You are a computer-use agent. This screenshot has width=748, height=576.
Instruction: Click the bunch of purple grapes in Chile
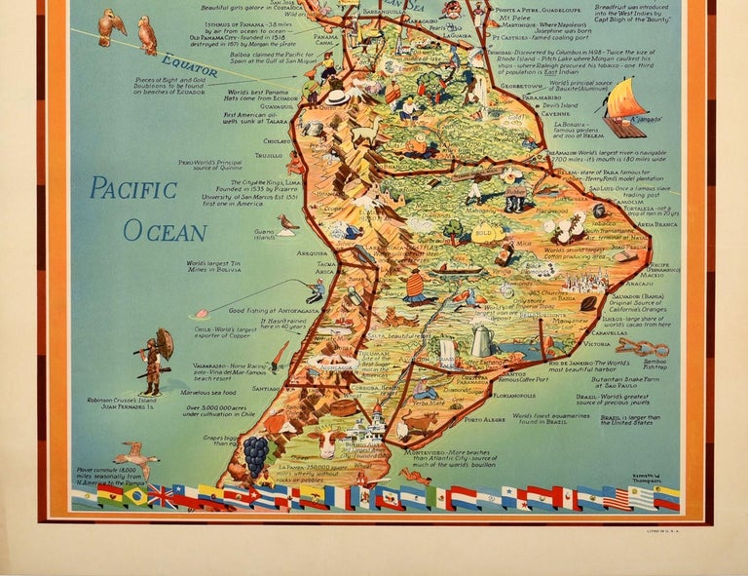click(254, 454)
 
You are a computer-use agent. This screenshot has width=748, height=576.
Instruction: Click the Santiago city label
click(266, 388)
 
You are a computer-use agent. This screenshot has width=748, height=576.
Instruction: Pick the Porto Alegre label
click(484, 420)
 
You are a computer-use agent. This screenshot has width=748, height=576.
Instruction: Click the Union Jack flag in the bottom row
click(161, 497)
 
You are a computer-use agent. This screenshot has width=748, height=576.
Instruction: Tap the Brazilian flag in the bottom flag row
click(134, 497)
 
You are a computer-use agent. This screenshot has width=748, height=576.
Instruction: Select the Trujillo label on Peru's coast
click(270, 155)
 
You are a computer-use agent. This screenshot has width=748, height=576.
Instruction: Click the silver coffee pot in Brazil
click(481, 340)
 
